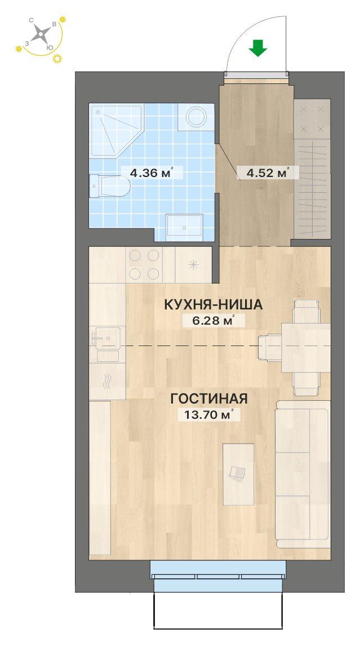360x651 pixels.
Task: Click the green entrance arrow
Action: click(x=258, y=48)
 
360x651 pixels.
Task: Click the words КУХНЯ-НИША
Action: click(x=214, y=305)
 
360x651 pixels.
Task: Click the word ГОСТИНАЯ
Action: click(x=209, y=398)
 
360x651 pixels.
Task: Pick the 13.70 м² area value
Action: click(x=209, y=414)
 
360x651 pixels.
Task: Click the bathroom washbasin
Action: click(x=184, y=227)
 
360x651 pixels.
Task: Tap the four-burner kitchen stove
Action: click(x=144, y=264)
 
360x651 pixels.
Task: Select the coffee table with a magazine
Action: click(x=238, y=474)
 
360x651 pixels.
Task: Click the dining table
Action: click(x=306, y=348)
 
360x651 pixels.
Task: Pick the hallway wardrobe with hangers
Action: click(x=312, y=169)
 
